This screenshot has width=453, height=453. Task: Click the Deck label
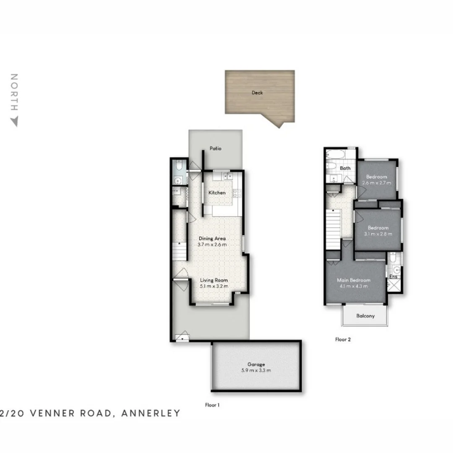click(x=257, y=93)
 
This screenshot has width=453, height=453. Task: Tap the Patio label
click(x=215, y=148)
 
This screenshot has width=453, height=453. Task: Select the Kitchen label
click(x=217, y=193)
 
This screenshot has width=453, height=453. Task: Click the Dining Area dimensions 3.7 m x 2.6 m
click(x=212, y=245)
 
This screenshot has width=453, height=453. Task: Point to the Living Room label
click(x=213, y=280)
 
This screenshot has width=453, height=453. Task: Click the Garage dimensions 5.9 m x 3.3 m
click(x=256, y=370)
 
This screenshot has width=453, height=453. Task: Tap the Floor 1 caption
click(x=212, y=405)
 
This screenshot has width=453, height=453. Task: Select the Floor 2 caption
click(x=343, y=340)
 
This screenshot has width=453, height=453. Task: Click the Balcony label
click(x=365, y=316)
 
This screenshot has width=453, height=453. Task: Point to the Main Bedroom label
click(x=354, y=280)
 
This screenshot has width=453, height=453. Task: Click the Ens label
click(x=393, y=277)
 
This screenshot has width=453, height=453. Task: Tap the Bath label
click(x=345, y=168)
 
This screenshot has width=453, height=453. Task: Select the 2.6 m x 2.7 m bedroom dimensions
click(x=376, y=183)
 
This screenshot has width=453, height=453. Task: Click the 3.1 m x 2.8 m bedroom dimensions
click(x=378, y=234)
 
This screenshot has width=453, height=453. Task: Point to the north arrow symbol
click(x=14, y=122)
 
